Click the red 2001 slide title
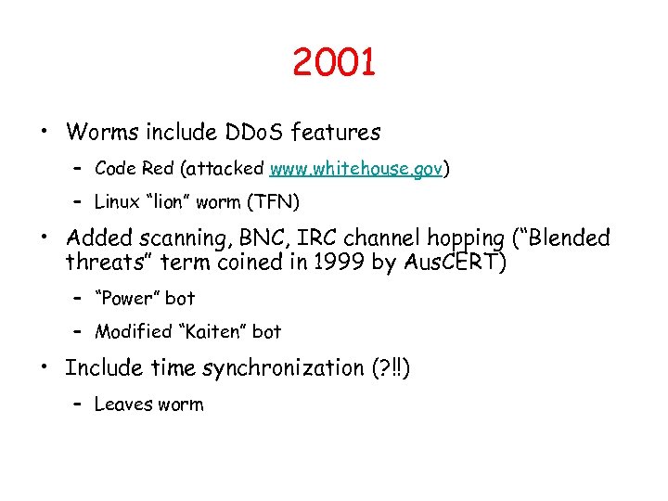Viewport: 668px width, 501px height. click(x=333, y=63)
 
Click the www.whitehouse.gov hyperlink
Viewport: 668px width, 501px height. click(x=356, y=169)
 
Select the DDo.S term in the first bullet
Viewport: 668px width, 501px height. click(x=255, y=134)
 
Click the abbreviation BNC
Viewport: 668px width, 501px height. click(x=270, y=238)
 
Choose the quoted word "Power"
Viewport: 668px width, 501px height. click(x=129, y=299)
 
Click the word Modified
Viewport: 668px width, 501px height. click(x=134, y=331)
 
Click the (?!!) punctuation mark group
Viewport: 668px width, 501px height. click(x=390, y=368)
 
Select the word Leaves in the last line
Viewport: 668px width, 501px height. click(x=123, y=404)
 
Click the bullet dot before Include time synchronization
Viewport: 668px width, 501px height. click(x=44, y=367)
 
